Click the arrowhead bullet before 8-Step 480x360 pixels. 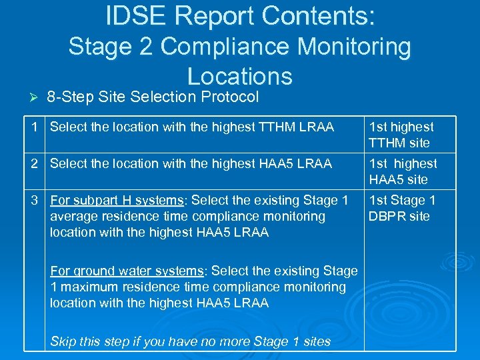tap(27, 97)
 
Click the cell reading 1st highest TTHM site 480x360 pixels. tap(401, 135)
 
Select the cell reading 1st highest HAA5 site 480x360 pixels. tap(403, 171)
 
